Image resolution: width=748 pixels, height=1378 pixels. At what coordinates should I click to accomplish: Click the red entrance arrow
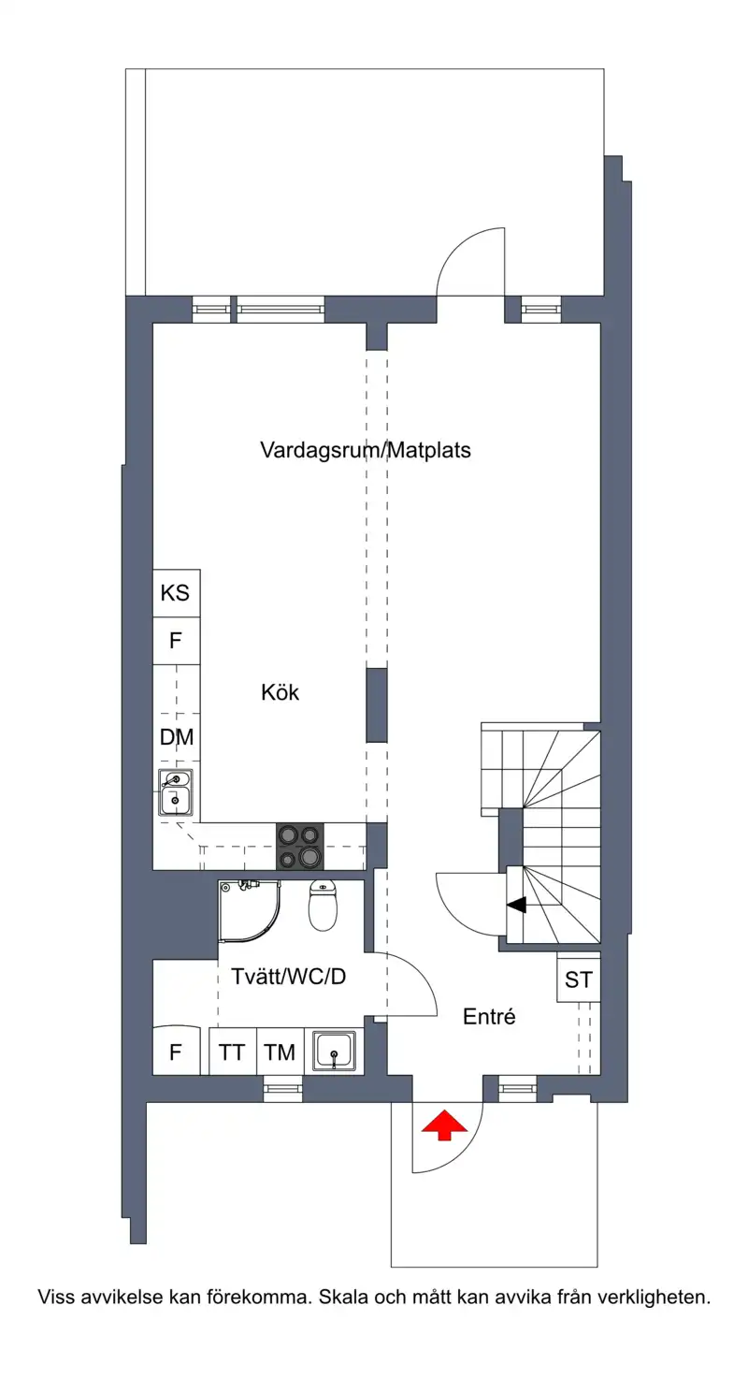444,1124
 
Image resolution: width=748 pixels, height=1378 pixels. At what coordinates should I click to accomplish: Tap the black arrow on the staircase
517,905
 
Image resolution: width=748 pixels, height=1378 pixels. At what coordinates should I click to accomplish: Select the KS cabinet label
175,593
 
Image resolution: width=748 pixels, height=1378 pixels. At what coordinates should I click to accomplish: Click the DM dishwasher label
177,736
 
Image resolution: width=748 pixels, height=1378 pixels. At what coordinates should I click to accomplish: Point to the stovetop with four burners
300,846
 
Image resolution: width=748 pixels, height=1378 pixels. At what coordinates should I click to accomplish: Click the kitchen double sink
176,792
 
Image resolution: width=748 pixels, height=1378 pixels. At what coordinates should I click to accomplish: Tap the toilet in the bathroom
323,905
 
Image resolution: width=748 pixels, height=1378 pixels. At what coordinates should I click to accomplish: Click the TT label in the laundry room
232,1052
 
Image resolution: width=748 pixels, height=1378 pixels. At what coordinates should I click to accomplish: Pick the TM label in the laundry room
280,1052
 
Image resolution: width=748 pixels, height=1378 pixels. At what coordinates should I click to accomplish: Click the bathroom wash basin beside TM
334,1052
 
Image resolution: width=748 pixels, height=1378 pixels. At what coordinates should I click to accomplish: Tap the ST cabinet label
579,979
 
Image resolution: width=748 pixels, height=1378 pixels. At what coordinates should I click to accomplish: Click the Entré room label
489,1016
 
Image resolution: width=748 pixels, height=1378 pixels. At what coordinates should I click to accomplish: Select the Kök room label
280,692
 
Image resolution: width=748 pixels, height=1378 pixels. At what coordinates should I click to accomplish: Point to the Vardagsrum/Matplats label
366,450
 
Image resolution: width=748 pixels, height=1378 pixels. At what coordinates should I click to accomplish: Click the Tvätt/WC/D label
289,976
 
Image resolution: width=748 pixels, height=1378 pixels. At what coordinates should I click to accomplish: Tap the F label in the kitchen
175,641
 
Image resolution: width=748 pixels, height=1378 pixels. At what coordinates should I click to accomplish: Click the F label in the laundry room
175,1052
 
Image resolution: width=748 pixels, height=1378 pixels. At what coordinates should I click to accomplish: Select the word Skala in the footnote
341,1298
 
